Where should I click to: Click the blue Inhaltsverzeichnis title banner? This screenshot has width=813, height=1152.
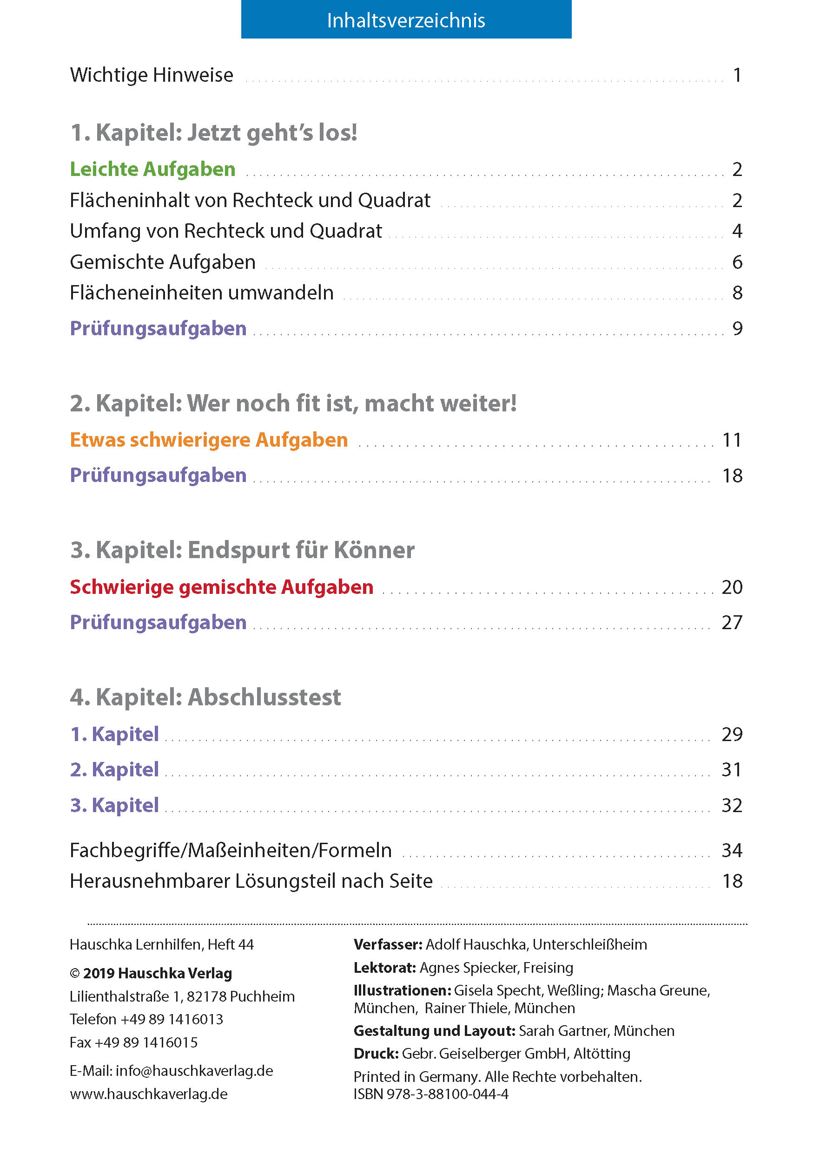coord(406,20)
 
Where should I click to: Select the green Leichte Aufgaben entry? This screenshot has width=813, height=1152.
coord(152,169)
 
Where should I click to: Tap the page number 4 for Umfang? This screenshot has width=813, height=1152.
coord(737,231)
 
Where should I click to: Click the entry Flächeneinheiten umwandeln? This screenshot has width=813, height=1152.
coord(201,293)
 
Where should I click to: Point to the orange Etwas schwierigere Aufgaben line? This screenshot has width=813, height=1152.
coord(208,440)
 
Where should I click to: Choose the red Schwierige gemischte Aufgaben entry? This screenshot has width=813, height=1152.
coord(221,586)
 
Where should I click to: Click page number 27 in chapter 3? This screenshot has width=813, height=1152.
coord(732,622)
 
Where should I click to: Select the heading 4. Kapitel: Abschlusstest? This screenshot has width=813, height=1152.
coord(205,697)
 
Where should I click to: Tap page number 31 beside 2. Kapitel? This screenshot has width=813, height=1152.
coord(732,769)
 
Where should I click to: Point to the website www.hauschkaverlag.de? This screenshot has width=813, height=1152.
coord(149,1094)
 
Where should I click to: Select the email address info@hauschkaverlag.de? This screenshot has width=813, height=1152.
coord(194,1071)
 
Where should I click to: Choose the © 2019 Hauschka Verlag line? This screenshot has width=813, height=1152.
coord(151,973)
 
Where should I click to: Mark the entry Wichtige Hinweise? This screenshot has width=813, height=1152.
coord(151,75)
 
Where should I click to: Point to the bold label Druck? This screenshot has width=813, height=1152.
coord(376,1054)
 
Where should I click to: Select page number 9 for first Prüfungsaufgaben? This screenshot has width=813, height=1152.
coord(737,328)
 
